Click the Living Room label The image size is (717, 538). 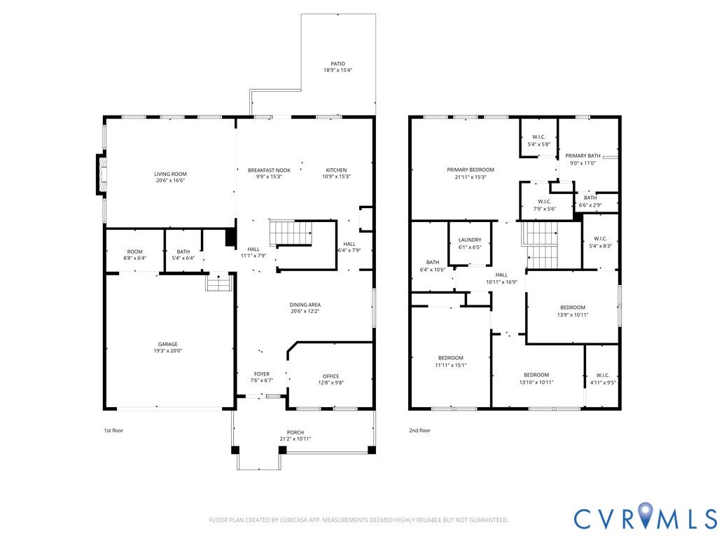pos(170,174)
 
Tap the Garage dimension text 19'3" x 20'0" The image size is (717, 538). pos(168,351)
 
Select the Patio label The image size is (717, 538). pos(338,64)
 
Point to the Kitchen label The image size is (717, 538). pos(336,170)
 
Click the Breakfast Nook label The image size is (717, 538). pos(269,170)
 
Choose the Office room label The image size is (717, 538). pos(330,376)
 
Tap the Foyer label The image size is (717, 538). pos(262,374)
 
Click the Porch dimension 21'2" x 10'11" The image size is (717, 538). pos(295,439)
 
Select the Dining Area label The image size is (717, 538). pos(305,305)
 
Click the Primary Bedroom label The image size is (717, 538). pos(471,170)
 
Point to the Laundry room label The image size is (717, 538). pos(470,240)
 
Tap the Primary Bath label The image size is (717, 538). pos(583,156)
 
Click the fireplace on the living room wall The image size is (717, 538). pos(102,174)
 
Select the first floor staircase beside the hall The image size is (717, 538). pos(290,233)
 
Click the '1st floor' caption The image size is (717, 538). pos(113,431)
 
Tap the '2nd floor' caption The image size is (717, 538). pos(419,431)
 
